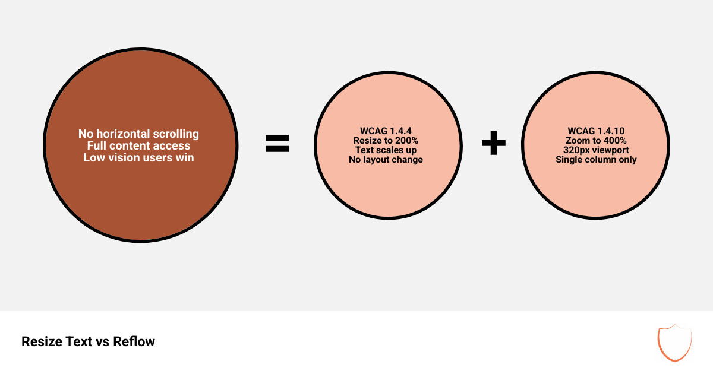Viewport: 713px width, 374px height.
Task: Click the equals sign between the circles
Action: (277, 144)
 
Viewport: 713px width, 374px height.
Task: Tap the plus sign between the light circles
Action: (493, 144)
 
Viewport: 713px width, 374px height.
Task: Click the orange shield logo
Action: (674, 343)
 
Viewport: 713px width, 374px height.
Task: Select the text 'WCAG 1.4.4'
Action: (386, 131)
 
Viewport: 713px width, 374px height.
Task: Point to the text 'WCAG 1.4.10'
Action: (596, 131)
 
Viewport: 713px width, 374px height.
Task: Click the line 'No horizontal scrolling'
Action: (138, 134)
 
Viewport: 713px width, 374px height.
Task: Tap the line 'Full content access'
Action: (138, 145)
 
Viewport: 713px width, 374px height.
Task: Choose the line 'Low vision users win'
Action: (138, 157)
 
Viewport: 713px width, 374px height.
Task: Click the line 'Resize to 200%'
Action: (386, 141)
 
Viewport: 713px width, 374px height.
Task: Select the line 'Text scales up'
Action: (386, 150)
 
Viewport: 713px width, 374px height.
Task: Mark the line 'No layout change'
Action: (386, 160)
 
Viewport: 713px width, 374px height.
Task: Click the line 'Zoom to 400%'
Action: (596, 141)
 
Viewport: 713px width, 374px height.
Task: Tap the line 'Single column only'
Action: (596, 160)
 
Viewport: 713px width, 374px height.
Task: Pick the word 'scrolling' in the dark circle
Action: (175, 134)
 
